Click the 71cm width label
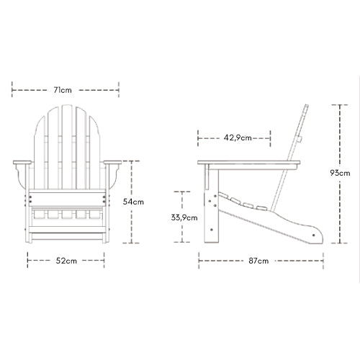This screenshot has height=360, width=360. tap(65, 90)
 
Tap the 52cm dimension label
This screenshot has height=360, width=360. tap(67, 261)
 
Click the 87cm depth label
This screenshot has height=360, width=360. tap(261, 261)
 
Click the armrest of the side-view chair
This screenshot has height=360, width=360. tap(245, 163)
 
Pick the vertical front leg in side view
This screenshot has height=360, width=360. tap(210, 209)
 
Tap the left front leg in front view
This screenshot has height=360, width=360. tap(30, 216)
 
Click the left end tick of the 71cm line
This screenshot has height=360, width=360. tap(12, 90)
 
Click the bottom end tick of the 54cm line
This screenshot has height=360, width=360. tap(133, 246)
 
